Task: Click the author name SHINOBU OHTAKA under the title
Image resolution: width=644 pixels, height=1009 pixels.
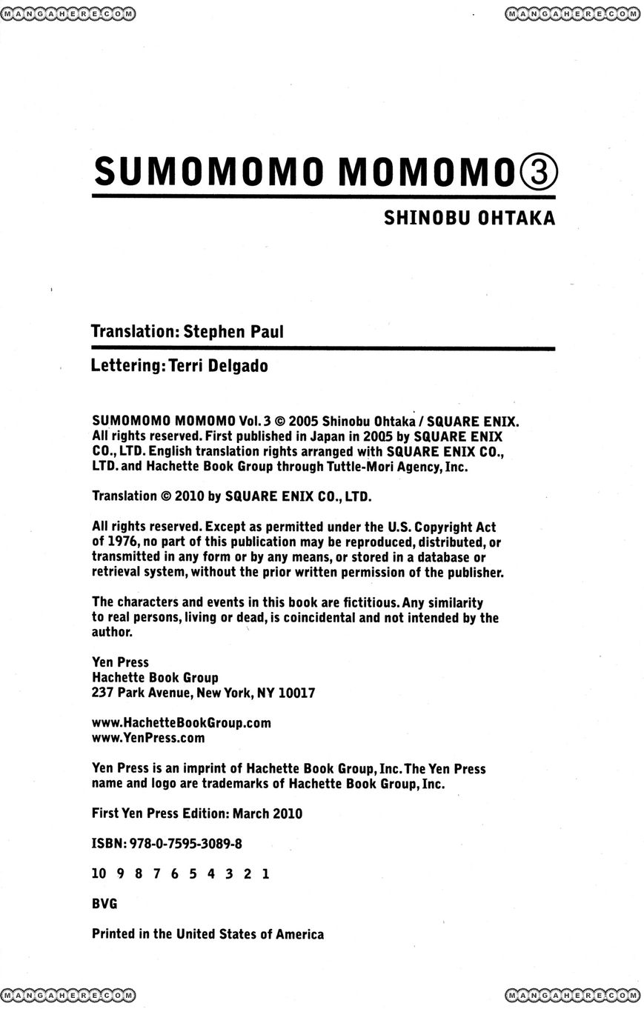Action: [x=469, y=219]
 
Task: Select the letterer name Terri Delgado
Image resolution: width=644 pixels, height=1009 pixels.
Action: [x=219, y=366]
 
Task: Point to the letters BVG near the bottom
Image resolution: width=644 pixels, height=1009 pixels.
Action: [x=104, y=904]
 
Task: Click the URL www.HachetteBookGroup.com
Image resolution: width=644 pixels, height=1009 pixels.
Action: [x=182, y=722]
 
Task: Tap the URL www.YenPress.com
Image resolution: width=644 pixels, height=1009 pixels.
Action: [x=148, y=738]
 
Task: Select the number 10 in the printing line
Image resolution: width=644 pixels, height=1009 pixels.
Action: [x=99, y=873]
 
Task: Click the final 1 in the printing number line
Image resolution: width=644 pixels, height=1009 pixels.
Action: [x=265, y=873]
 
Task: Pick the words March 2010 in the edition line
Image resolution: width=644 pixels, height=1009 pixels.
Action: [x=268, y=813]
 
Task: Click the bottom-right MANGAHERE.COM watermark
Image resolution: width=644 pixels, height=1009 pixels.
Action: [x=572, y=995]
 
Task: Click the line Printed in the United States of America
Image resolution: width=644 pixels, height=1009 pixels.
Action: [x=208, y=934]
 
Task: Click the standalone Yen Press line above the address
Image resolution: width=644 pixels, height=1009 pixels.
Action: [x=120, y=662]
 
